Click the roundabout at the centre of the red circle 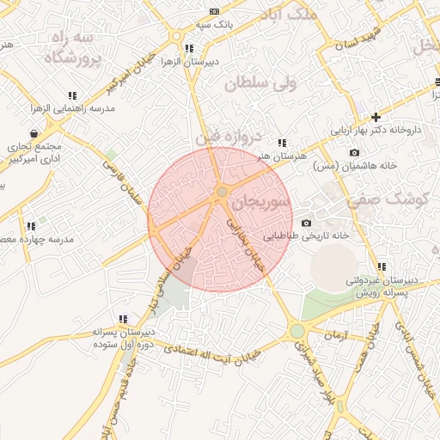coord(221,192)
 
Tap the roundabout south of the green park coord(297,331)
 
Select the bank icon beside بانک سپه coord(214,11)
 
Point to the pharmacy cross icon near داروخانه coord(376,117)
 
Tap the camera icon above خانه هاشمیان coord(354,153)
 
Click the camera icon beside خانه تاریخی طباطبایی coord(306,223)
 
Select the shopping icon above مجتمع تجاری coord(34,134)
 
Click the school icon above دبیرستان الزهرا coord(188,49)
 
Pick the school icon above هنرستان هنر coord(281,144)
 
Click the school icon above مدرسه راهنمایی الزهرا coord(73,95)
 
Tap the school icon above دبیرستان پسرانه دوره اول coord(123,319)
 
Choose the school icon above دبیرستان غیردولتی coord(382,267)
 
